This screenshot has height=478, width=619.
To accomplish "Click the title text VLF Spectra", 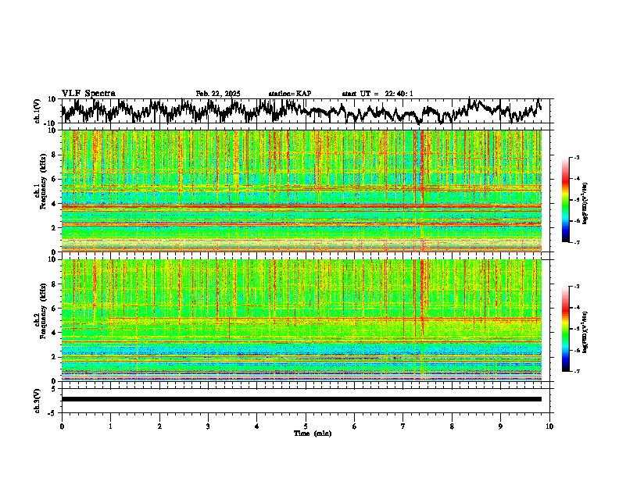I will pyautogui.click(x=88, y=93).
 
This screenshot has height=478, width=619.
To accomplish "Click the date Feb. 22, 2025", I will pyautogui.click(x=218, y=94).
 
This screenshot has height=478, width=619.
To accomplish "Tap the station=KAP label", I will pyautogui.click(x=289, y=94).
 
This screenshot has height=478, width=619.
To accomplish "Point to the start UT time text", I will pyautogui.click(x=377, y=94).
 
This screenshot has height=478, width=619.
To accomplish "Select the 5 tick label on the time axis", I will pyautogui.click(x=306, y=426).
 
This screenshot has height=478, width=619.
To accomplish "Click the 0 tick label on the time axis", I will pyautogui.click(x=62, y=426).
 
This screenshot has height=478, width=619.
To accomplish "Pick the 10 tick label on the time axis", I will pyautogui.click(x=549, y=426).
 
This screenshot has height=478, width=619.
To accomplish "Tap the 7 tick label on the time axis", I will pyautogui.click(x=403, y=426).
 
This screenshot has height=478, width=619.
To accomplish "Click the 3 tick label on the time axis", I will pyautogui.click(x=208, y=426).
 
